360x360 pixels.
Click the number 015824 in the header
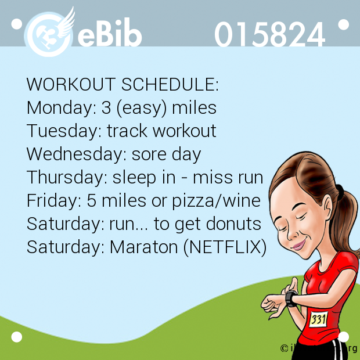click(270, 34)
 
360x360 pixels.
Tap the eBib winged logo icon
click(49, 32)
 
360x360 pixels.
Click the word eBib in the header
click(110, 33)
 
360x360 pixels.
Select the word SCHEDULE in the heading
click(170, 84)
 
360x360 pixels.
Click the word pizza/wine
click(216, 201)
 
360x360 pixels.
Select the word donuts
click(233, 224)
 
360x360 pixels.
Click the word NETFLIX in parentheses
click(225, 247)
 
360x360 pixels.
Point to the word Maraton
click(144, 247)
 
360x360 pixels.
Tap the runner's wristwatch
click(291, 298)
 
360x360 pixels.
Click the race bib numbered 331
click(318, 319)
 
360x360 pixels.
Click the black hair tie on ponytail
click(340, 192)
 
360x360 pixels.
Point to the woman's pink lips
click(298, 245)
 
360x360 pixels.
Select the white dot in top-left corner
click(16, 24)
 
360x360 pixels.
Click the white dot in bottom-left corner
click(16, 337)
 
